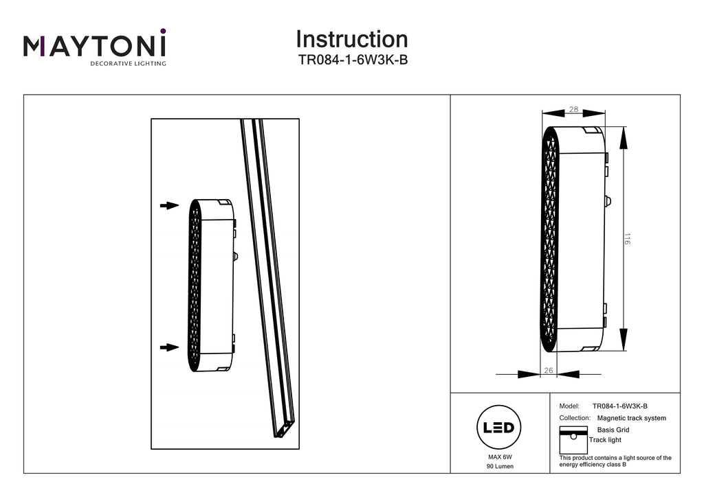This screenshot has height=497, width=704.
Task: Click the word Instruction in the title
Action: pos(352,39)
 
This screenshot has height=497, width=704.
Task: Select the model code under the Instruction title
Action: pos(353,60)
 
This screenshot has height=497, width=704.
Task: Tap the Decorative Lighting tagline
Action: pos(128,64)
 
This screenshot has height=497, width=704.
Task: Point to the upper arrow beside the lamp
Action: pos(170,206)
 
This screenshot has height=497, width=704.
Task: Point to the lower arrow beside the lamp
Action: pos(170,347)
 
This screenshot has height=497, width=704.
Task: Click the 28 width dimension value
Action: pos(573,109)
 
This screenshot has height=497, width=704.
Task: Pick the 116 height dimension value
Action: pos(627,238)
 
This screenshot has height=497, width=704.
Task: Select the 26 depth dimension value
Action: pos(548,370)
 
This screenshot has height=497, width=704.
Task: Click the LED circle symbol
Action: pos(499,427)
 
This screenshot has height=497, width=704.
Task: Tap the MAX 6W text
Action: pos(500,457)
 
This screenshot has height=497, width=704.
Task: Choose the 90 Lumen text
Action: pos(500,466)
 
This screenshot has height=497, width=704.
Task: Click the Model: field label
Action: pos(569,406)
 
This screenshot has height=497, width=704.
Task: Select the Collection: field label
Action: pos(575,417)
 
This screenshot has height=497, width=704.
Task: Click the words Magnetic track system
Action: pos(631,418)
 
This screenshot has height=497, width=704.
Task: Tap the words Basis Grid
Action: pos(613,430)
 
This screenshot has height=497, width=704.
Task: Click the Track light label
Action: pos(605,439)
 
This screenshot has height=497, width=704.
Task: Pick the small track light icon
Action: pos(573,440)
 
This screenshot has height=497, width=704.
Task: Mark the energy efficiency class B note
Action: pos(615,461)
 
